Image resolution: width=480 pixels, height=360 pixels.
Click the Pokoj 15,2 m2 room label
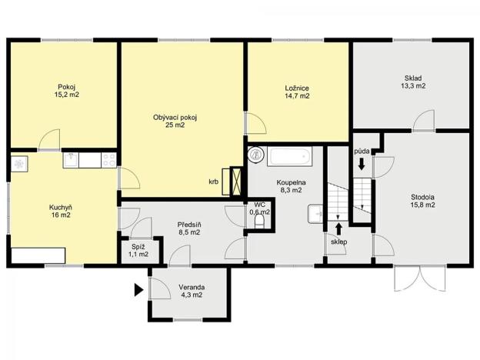click(67, 91)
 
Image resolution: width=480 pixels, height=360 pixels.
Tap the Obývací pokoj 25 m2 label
click(175, 121)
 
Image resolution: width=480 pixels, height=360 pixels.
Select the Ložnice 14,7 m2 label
click(296, 92)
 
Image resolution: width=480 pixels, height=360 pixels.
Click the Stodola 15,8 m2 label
click(422, 201)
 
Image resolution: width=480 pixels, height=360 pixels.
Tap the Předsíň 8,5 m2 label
click(188, 227)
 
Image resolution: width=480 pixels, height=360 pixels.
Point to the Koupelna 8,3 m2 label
click(292, 187)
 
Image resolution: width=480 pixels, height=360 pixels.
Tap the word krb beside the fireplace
click(213, 182)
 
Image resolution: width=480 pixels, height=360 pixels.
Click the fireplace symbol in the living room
click(233, 182)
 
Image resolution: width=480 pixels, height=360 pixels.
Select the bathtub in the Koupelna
click(289, 157)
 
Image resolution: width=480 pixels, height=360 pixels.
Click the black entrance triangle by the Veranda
click(138, 290)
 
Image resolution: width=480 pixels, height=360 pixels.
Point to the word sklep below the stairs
click(339, 242)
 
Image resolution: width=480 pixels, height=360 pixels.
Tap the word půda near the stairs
click(362, 152)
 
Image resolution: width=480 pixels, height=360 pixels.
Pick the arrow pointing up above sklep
click(339, 228)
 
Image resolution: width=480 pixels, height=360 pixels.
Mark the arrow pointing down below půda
click(362, 165)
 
